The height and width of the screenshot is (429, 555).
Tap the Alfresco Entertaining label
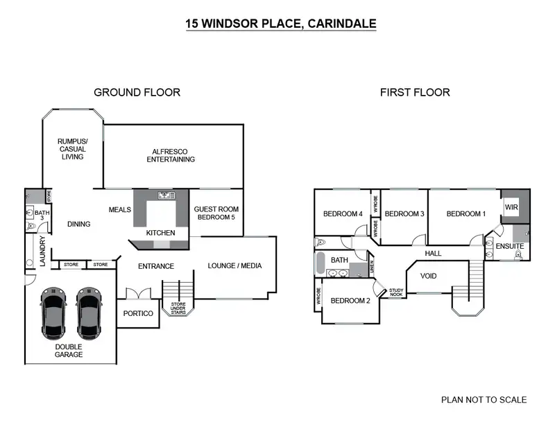171,155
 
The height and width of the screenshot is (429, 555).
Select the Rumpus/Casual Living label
72,149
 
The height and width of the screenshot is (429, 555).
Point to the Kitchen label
160,233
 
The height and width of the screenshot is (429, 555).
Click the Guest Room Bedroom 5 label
216,213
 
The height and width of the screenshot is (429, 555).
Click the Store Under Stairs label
178,306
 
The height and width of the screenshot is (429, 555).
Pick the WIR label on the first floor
511,207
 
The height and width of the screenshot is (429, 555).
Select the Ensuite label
509,246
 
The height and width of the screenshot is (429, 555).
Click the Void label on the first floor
429,276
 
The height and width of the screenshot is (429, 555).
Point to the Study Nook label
396,293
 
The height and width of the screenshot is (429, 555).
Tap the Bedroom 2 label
350,301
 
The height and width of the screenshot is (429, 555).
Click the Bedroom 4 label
343,213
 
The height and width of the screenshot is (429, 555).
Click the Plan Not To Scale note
484,400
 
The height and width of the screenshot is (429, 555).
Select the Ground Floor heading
137,92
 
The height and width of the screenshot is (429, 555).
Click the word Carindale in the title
343,24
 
